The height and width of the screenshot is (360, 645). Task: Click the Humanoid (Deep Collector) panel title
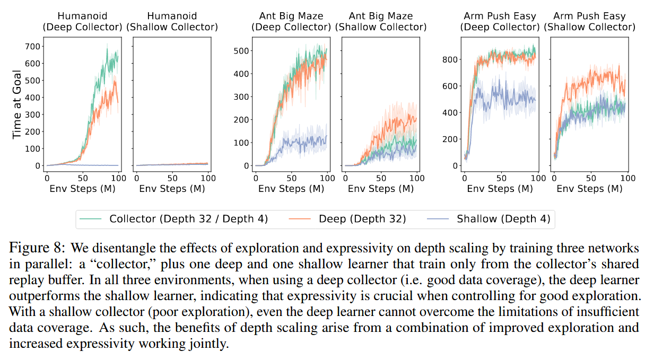click(83, 22)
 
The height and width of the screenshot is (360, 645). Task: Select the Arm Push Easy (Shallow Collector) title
click(589, 22)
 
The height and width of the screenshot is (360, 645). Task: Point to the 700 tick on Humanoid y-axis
click(32, 46)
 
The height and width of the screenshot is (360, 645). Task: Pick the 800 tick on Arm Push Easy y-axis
click(450, 59)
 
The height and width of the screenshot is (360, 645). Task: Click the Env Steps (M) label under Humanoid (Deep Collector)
click(82, 188)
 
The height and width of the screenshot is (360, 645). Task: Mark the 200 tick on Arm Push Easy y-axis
click(450, 139)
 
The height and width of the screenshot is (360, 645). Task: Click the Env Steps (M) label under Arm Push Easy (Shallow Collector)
click(589, 188)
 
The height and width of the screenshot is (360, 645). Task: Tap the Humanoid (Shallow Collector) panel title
click(172, 22)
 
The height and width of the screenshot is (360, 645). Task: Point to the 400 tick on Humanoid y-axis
click(32, 98)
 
